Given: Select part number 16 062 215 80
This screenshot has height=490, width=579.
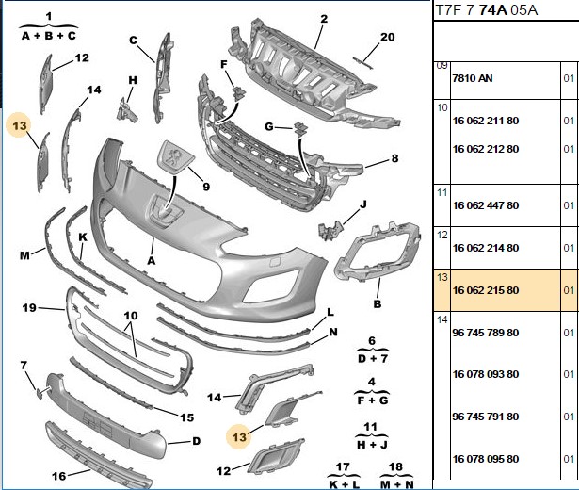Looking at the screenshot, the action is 486,290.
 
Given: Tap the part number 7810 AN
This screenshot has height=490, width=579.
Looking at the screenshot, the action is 473,78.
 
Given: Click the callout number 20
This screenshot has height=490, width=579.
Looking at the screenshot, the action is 387,37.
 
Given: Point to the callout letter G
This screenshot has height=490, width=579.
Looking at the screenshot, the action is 269,127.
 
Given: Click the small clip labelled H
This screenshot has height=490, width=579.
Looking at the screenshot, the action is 127,109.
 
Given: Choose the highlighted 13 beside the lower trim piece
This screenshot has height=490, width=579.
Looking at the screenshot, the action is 239,437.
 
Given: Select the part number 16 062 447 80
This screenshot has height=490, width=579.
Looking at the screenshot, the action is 486,205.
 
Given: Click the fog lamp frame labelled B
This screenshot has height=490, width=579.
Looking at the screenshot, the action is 378,253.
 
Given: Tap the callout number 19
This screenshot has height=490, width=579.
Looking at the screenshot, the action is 29,307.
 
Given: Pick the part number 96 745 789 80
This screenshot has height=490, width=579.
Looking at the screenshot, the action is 486,333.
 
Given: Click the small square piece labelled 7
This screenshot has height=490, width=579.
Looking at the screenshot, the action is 40,394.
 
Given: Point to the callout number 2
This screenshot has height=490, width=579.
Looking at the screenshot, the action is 324,19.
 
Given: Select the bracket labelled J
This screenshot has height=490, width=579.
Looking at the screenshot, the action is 330,230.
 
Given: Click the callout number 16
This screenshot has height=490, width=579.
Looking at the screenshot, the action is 59,476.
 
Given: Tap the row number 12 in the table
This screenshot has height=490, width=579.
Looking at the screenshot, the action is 442,235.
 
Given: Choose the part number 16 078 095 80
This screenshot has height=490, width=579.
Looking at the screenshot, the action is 486,459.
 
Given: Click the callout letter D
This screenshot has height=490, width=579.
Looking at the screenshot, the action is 197,441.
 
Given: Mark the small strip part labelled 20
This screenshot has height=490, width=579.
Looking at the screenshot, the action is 362,63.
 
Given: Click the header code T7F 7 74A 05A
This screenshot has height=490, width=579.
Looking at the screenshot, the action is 487,10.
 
